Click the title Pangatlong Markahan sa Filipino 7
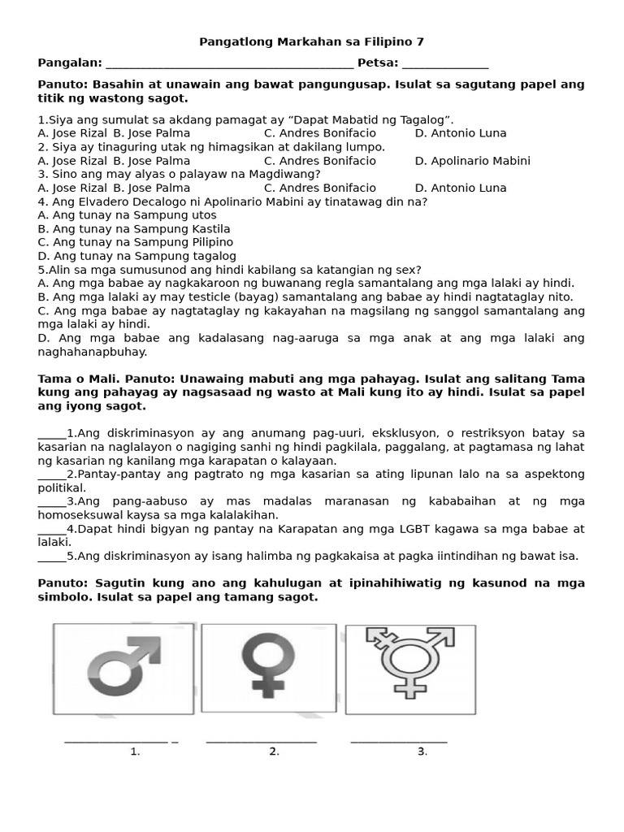312,41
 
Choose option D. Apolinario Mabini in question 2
472,161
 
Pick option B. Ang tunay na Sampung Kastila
134,229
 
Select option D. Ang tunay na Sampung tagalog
136,256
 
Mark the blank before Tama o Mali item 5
51,558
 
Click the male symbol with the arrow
123,669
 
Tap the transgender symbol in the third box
410,668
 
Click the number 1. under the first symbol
135,752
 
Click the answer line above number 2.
261,741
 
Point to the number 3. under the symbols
422,752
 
